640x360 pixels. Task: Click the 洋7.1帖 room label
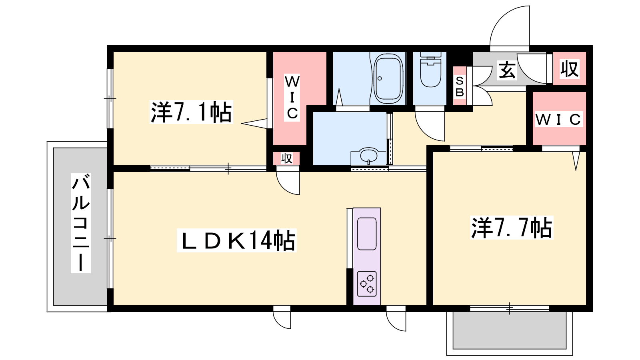click(x=191, y=112)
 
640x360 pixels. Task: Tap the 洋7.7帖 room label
click(x=512, y=228)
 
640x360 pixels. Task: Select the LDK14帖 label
click(x=236, y=240)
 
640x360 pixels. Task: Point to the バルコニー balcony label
click(x=81, y=223)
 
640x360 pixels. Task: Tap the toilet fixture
click(x=430, y=70)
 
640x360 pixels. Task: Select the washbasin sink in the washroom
click(x=368, y=156)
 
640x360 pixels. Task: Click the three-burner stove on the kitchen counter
click(x=367, y=284)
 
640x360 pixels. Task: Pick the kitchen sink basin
click(x=367, y=234)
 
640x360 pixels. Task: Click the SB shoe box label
click(x=460, y=86)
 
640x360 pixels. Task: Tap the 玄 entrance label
click(x=507, y=70)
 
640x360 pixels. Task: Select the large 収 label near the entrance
click(x=570, y=69)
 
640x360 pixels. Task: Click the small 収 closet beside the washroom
click(x=286, y=158)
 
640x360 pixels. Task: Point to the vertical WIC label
click(x=292, y=98)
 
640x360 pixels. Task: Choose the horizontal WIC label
click(x=559, y=119)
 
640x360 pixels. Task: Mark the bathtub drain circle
click(x=380, y=78)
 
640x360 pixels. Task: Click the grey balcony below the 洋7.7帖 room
click(x=510, y=330)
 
